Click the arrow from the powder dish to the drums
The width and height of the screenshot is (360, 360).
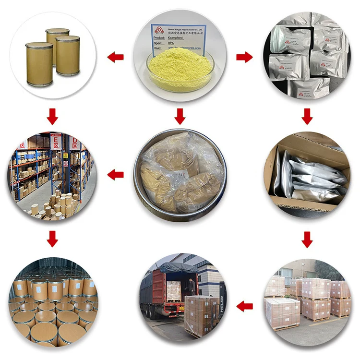(x=115, y=58)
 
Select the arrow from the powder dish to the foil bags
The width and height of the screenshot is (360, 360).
(x=244, y=58)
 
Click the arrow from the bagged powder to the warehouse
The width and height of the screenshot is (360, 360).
(x=115, y=175)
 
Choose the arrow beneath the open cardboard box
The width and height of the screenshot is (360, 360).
(x=307, y=239)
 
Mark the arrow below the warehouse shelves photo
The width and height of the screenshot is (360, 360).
(x=52, y=239)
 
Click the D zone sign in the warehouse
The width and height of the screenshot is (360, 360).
(x=74, y=142)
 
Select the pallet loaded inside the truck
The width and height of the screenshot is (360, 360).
(x=174, y=290)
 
